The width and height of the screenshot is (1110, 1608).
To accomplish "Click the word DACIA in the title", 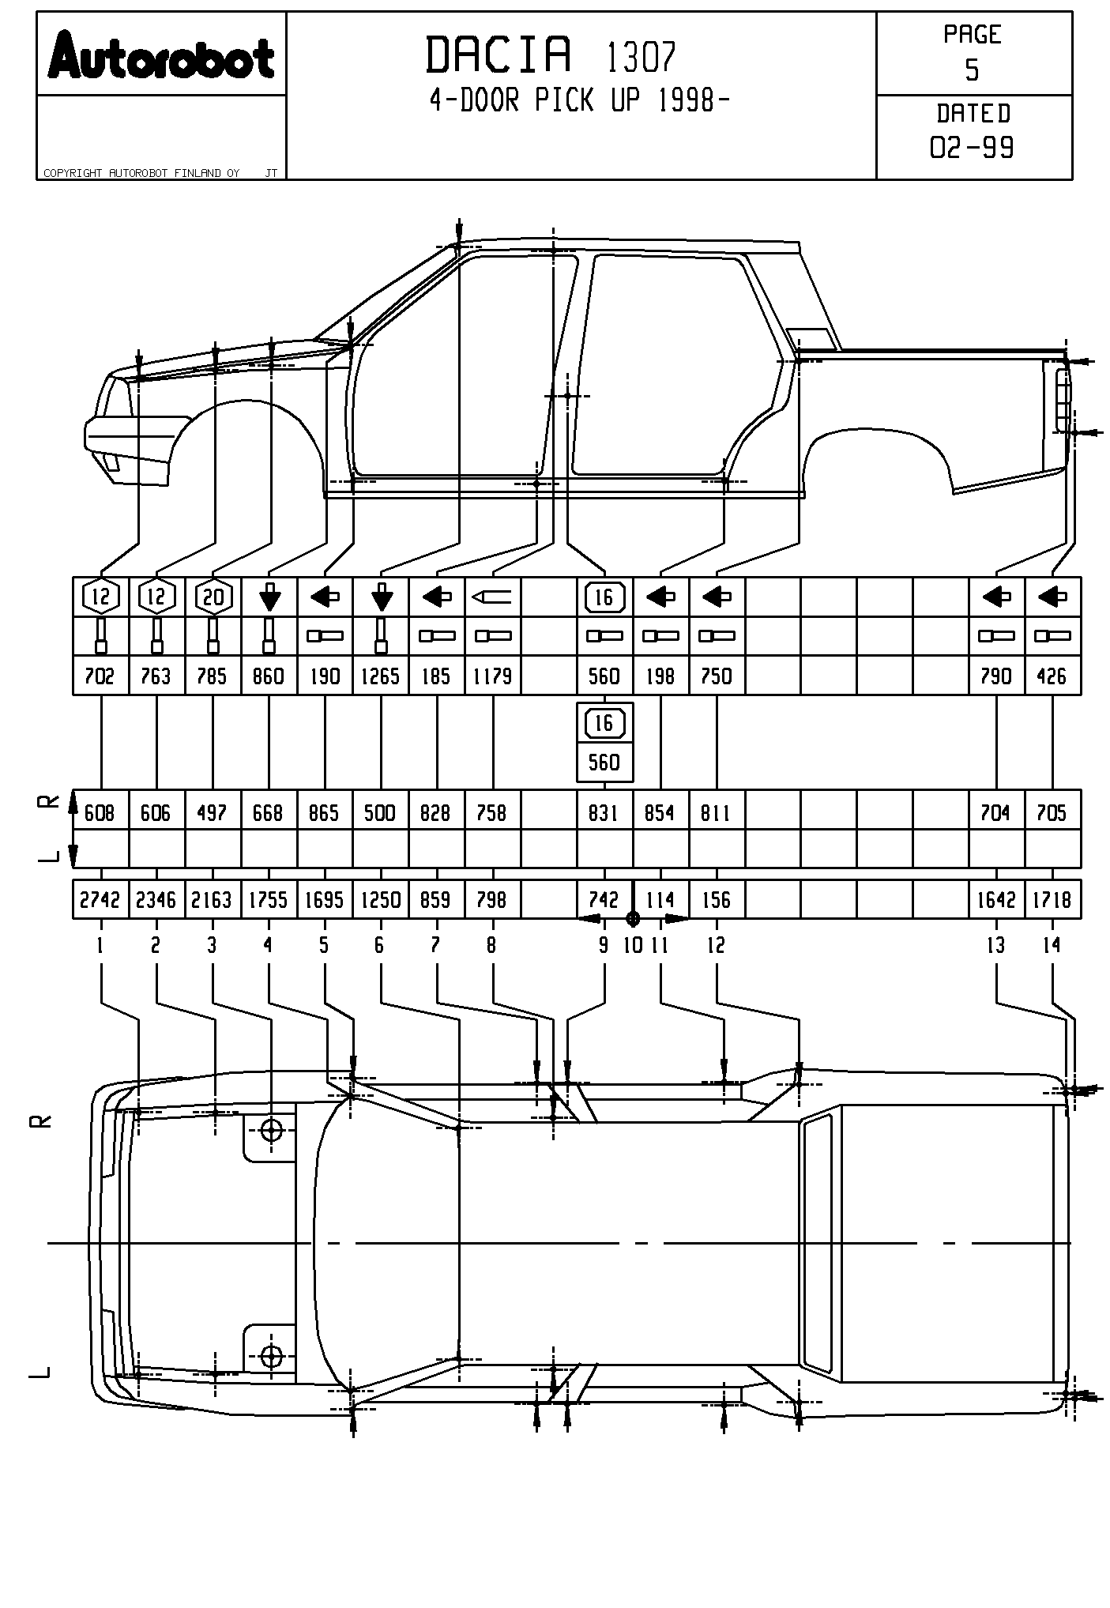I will [498, 55].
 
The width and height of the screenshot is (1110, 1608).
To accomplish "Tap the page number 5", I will [972, 71].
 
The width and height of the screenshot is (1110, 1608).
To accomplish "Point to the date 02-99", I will [972, 148].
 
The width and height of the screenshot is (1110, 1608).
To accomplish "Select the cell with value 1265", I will [380, 676].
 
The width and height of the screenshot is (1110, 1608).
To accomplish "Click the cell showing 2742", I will [100, 900].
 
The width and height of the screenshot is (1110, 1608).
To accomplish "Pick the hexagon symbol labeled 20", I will [213, 597].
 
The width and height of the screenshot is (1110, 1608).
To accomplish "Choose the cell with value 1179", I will [492, 676].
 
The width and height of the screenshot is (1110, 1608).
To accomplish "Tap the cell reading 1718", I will [1052, 900].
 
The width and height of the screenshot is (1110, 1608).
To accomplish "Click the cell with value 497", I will [212, 813].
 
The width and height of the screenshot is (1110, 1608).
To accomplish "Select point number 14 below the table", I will [1052, 945].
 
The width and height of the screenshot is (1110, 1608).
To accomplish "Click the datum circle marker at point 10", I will [632, 918].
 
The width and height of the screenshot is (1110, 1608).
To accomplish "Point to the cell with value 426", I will [1052, 676].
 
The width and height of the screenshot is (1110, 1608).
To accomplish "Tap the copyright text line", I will [142, 173].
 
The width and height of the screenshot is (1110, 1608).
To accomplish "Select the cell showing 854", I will [660, 813].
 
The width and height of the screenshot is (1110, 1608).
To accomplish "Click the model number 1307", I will [642, 57].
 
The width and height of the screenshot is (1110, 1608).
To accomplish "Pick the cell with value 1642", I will [995, 900].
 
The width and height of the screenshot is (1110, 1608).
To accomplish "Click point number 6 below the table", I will [379, 945].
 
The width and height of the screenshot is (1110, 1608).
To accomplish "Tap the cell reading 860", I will [269, 676].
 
